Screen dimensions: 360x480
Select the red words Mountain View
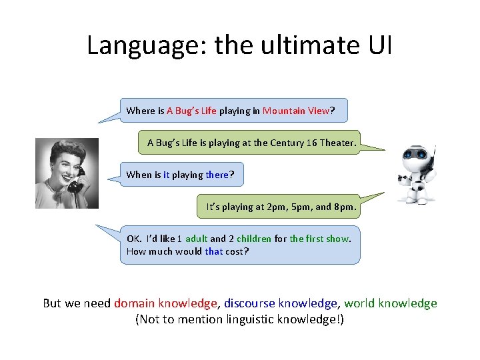click(296, 111)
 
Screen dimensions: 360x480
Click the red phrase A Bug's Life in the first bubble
click(191, 111)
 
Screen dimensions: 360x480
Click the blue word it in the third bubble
click(166, 175)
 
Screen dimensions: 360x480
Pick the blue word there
click(217, 175)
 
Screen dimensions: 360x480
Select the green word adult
click(197, 239)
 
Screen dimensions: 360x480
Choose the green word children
click(254, 239)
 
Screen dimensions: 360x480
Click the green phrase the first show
click(319, 239)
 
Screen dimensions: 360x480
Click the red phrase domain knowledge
click(166, 303)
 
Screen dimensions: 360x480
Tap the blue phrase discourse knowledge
click(281, 303)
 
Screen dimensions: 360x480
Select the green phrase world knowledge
click(391, 303)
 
